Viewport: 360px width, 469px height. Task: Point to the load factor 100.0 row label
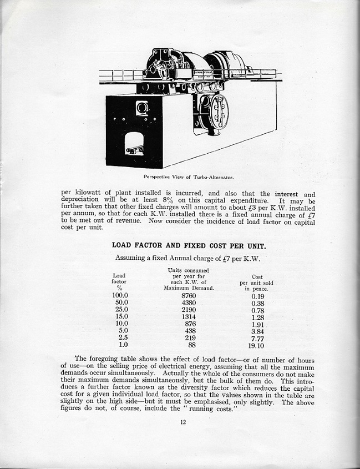[x=120, y=296]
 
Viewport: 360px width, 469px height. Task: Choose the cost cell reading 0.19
[x=257, y=296]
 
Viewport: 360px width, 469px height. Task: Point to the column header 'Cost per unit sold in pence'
[x=256, y=283]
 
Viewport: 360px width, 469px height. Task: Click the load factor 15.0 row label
[x=121, y=317]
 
